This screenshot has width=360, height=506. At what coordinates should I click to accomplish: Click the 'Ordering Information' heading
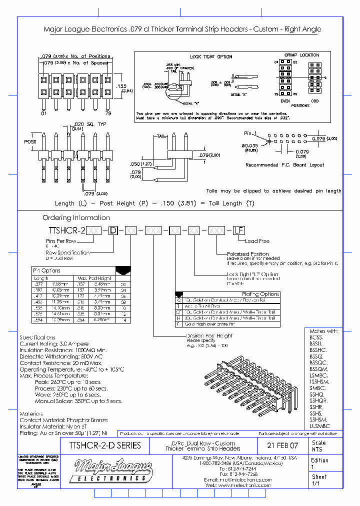pos(76,217)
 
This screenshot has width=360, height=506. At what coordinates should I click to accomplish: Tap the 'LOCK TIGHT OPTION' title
pos(211,56)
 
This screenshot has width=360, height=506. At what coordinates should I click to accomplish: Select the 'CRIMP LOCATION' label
pos(301,55)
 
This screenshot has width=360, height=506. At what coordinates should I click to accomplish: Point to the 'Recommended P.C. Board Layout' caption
pos(284,164)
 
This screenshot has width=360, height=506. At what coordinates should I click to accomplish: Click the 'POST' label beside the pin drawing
pos(30,142)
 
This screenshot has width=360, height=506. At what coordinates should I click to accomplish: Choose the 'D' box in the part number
pos(113,230)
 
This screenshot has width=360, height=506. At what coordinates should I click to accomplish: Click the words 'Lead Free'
pos(257,241)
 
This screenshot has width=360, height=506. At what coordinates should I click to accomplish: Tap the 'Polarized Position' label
pos(248,254)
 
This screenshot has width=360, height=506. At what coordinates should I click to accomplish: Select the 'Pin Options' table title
pos(47,270)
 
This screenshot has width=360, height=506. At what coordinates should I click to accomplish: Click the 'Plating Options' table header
pos(260,294)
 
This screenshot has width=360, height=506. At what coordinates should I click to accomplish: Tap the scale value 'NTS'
pos(317,449)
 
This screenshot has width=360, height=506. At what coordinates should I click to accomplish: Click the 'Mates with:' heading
pos(323,331)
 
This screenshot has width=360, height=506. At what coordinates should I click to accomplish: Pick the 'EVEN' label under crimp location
pos(286,100)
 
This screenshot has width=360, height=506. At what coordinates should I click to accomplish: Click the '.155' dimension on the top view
pos(121,85)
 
